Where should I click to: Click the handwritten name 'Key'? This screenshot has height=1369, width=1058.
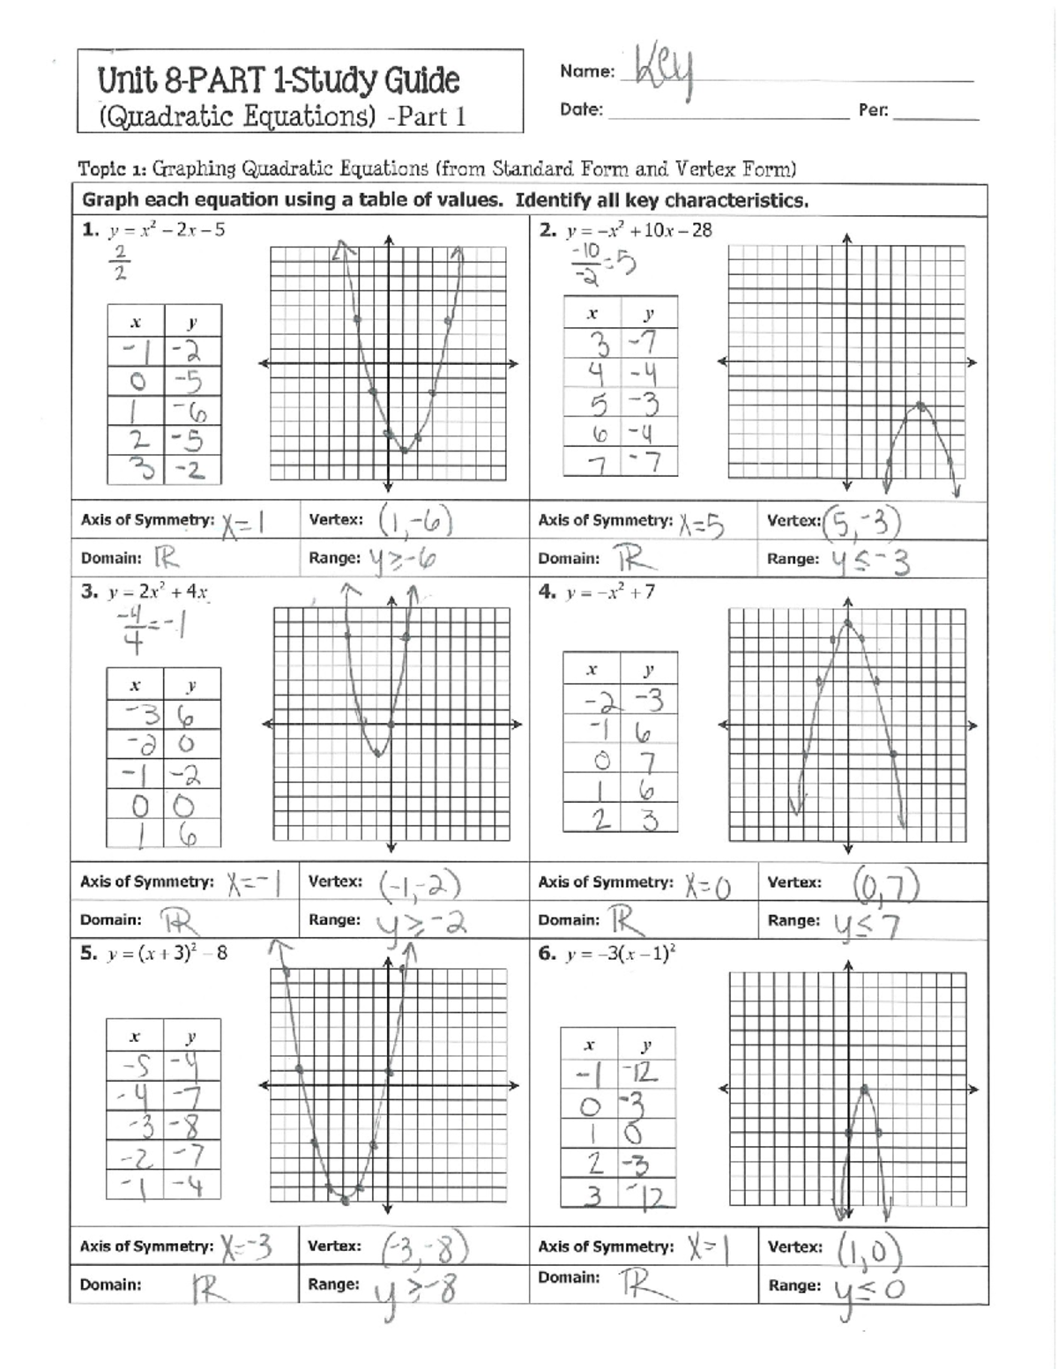(664, 71)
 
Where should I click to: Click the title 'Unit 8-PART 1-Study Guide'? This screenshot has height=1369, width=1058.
(279, 80)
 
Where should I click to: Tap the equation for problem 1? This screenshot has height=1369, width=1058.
(166, 230)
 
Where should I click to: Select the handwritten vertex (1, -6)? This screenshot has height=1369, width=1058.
(415, 521)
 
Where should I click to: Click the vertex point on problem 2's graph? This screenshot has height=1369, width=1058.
(920, 405)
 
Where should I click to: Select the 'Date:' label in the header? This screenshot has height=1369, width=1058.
(581, 110)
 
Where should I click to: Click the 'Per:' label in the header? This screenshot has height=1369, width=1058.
(873, 111)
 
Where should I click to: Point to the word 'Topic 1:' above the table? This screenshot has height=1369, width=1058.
(111, 168)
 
